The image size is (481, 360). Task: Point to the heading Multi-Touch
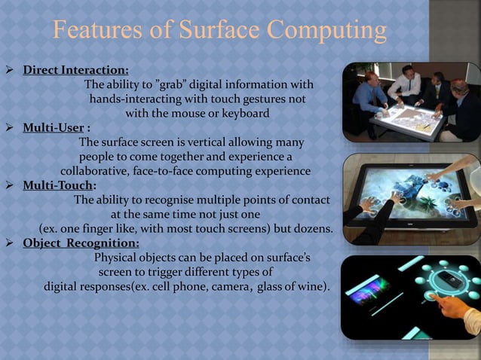coord(59,185)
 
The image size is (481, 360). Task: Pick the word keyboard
coord(245,113)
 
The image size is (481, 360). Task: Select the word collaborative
coord(93,171)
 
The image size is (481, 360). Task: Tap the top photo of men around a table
coord(410,102)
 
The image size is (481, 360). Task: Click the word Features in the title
coord(99,31)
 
